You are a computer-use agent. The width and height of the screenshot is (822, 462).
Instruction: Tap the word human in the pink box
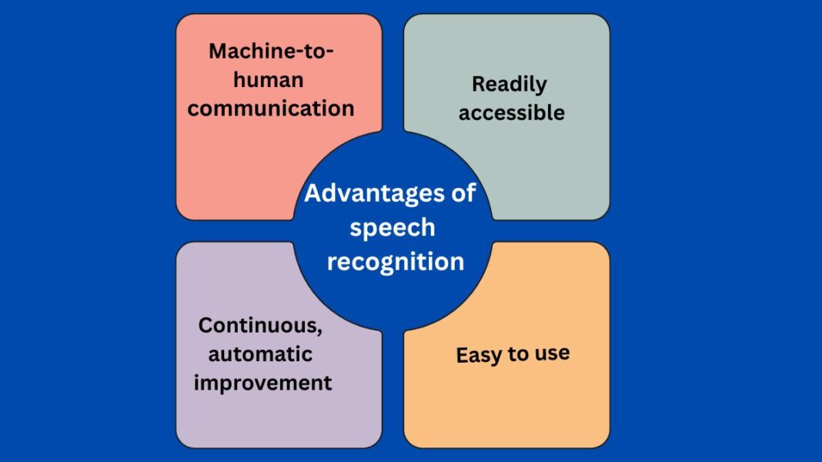tap(268, 80)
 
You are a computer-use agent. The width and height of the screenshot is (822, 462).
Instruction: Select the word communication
tap(271, 108)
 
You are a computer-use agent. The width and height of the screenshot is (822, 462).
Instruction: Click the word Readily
tap(509, 85)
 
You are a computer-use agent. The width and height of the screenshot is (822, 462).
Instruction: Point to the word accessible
tap(512, 113)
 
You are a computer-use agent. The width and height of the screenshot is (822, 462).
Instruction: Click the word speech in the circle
tap(393, 228)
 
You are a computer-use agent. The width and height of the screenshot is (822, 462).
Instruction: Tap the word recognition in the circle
tap(396, 262)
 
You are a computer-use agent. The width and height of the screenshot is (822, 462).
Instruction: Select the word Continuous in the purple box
tap(257, 326)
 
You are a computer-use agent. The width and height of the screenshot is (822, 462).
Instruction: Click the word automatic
tap(260, 354)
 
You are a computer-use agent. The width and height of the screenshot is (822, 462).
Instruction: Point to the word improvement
tap(263, 383)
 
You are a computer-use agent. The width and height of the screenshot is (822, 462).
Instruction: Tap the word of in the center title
tap(463, 192)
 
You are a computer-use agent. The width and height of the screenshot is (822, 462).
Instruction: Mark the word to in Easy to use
tap(519, 355)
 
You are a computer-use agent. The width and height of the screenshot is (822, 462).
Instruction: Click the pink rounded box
tap(231, 169)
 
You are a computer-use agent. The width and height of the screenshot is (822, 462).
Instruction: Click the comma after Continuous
tap(319, 332)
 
